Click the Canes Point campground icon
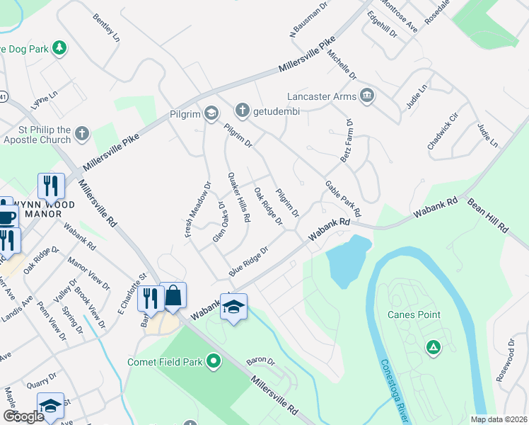[x=432, y=346]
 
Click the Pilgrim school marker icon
[x=211, y=113]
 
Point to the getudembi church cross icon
[x=242, y=110]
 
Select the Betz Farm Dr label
[x=348, y=142]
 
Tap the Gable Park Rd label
[x=343, y=198]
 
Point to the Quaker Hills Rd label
[x=238, y=198]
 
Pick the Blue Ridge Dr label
[x=249, y=261]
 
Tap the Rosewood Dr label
[x=510, y=359]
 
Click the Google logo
[x=24, y=416]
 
